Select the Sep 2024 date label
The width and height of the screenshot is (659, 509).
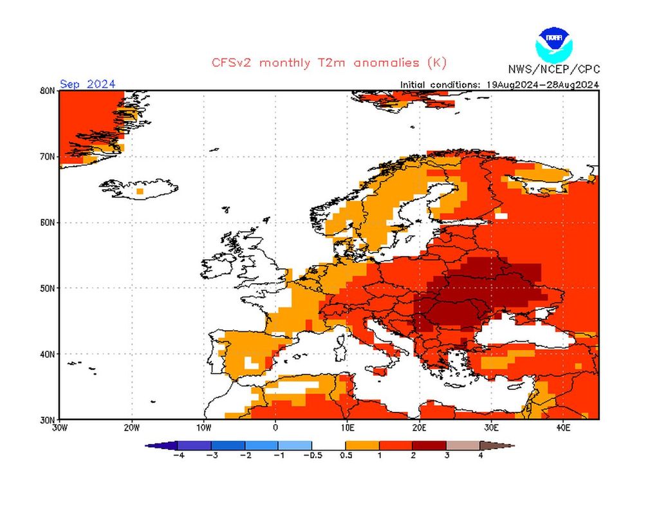(88, 84)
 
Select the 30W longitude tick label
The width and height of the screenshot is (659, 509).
(59, 427)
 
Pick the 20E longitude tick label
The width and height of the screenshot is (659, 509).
(419, 427)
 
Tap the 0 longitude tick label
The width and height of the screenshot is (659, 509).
(275, 427)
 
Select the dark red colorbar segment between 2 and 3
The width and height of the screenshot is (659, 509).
(429, 445)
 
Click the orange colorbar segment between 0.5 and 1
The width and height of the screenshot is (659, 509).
(362, 445)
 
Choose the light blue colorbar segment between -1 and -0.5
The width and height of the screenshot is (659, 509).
(295, 445)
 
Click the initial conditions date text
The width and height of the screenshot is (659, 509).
(500, 84)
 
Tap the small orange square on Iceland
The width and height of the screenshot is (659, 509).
(140, 191)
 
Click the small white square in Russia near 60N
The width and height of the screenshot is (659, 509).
(501, 216)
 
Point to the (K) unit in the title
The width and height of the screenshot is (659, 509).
(436, 62)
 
